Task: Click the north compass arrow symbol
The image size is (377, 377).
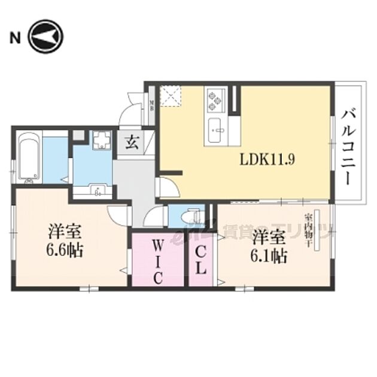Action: coord(45,38)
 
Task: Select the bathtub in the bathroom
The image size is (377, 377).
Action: coord(28,158)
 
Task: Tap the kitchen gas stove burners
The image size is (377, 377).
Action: coord(214,101)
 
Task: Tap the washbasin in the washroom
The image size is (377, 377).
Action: coord(96,190)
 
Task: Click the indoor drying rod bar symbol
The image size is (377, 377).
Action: coord(318,230)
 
